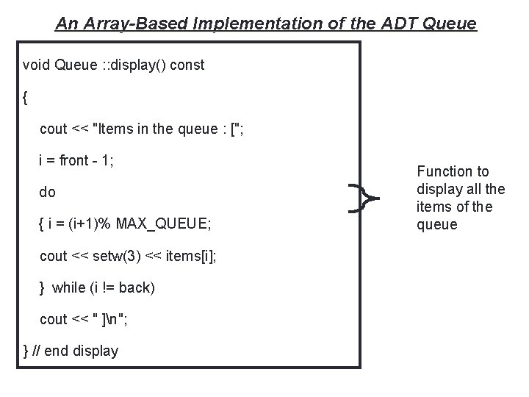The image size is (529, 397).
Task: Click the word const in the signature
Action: [188, 65]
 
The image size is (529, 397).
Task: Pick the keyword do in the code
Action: [48, 193]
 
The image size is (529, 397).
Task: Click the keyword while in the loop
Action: [68, 287]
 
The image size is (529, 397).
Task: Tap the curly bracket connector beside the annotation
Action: [364, 198]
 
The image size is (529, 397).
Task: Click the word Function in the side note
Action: [443, 171]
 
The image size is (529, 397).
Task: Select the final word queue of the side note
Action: [437, 224]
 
